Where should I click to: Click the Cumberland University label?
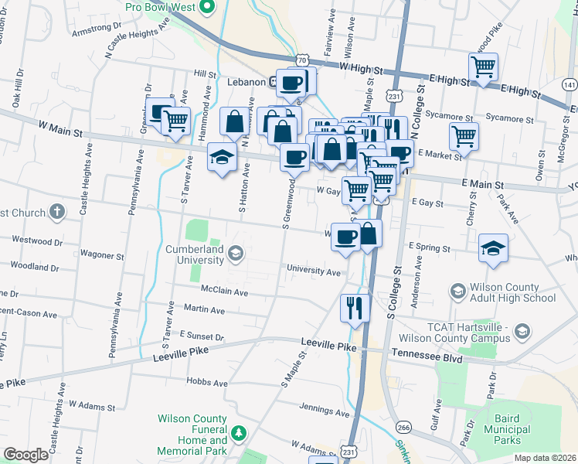click(194, 256)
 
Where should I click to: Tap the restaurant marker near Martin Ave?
click(355, 307)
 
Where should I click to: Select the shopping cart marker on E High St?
click(483, 67)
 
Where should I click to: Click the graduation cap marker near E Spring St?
click(493, 248)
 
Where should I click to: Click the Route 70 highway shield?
click(302, 60)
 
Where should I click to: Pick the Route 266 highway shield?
click(403, 426)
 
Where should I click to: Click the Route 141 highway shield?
click(570, 84)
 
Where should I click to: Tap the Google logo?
click(25, 455)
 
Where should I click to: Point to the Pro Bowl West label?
click(161, 8)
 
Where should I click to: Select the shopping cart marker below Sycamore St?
click(464, 136)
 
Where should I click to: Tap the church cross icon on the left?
click(56, 211)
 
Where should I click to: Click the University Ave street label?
click(313, 272)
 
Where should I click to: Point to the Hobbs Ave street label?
click(208, 382)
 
